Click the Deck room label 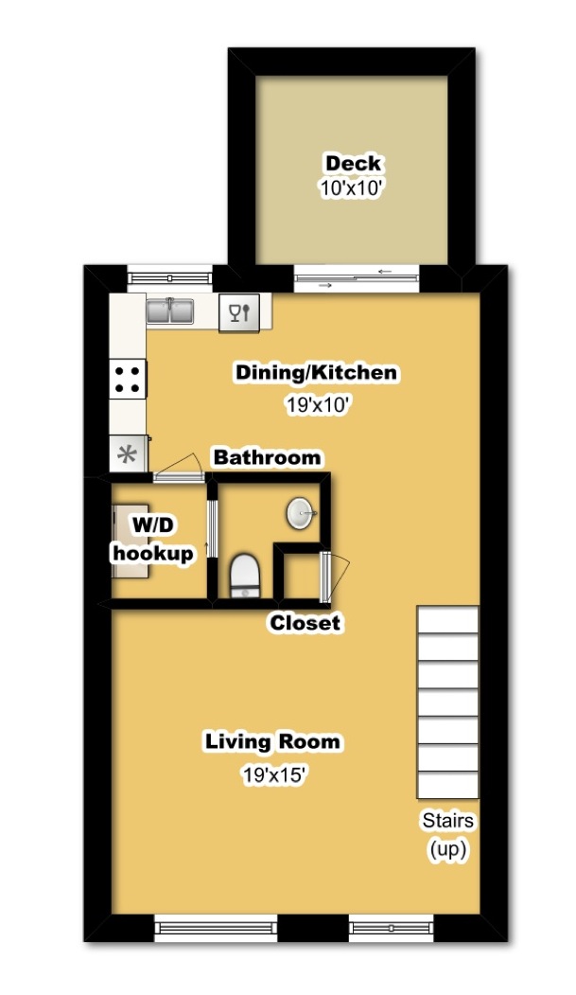click(x=353, y=163)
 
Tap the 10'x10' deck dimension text click(x=353, y=187)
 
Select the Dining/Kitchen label click(x=316, y=373)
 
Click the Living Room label click(x=272, y=741)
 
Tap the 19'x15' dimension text click(x=272, y=775)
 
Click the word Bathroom click(x=267, y=458)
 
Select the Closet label click(x=305, y=624)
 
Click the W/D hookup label click(x=153, y=539)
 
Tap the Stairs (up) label click(x=448, y=834)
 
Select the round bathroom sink click(x=302, y=515)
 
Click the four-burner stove click(x=130, y=380)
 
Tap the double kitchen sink click(x=170, y=310)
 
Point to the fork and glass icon click(x=238, y=311)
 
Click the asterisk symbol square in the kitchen click(x=127, y=454)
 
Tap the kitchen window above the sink click(x=169, y=277)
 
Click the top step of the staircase click(x=448, y=620)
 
